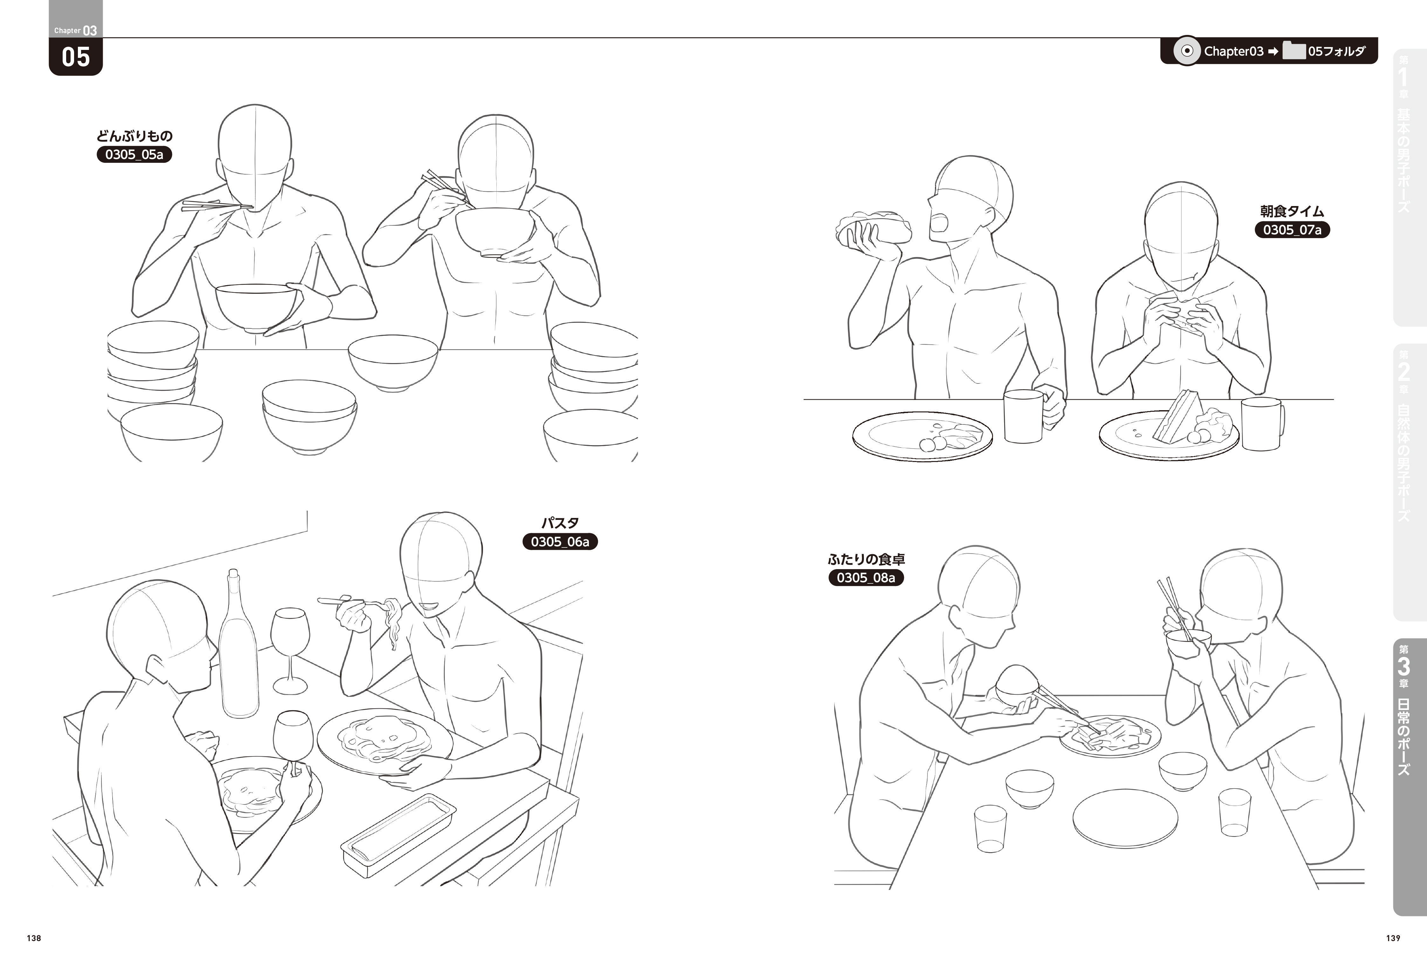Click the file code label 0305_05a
tap(134, 154)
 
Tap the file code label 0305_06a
tap(560, 541)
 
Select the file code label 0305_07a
tap(1292, 230)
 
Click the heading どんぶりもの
tap(134, 136)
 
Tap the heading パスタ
tap(560, 523)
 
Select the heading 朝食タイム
tap(1292, 211)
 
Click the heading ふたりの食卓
tap(866, 559)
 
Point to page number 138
tap(34, 938)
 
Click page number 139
tap(1393, 938)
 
